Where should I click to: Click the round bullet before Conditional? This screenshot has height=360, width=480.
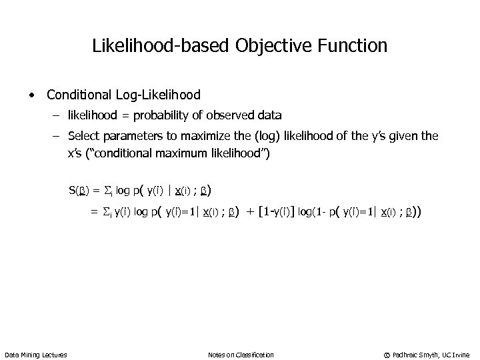(x=33, y=94)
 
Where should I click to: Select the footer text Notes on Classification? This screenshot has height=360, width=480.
(x=241, y=354)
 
